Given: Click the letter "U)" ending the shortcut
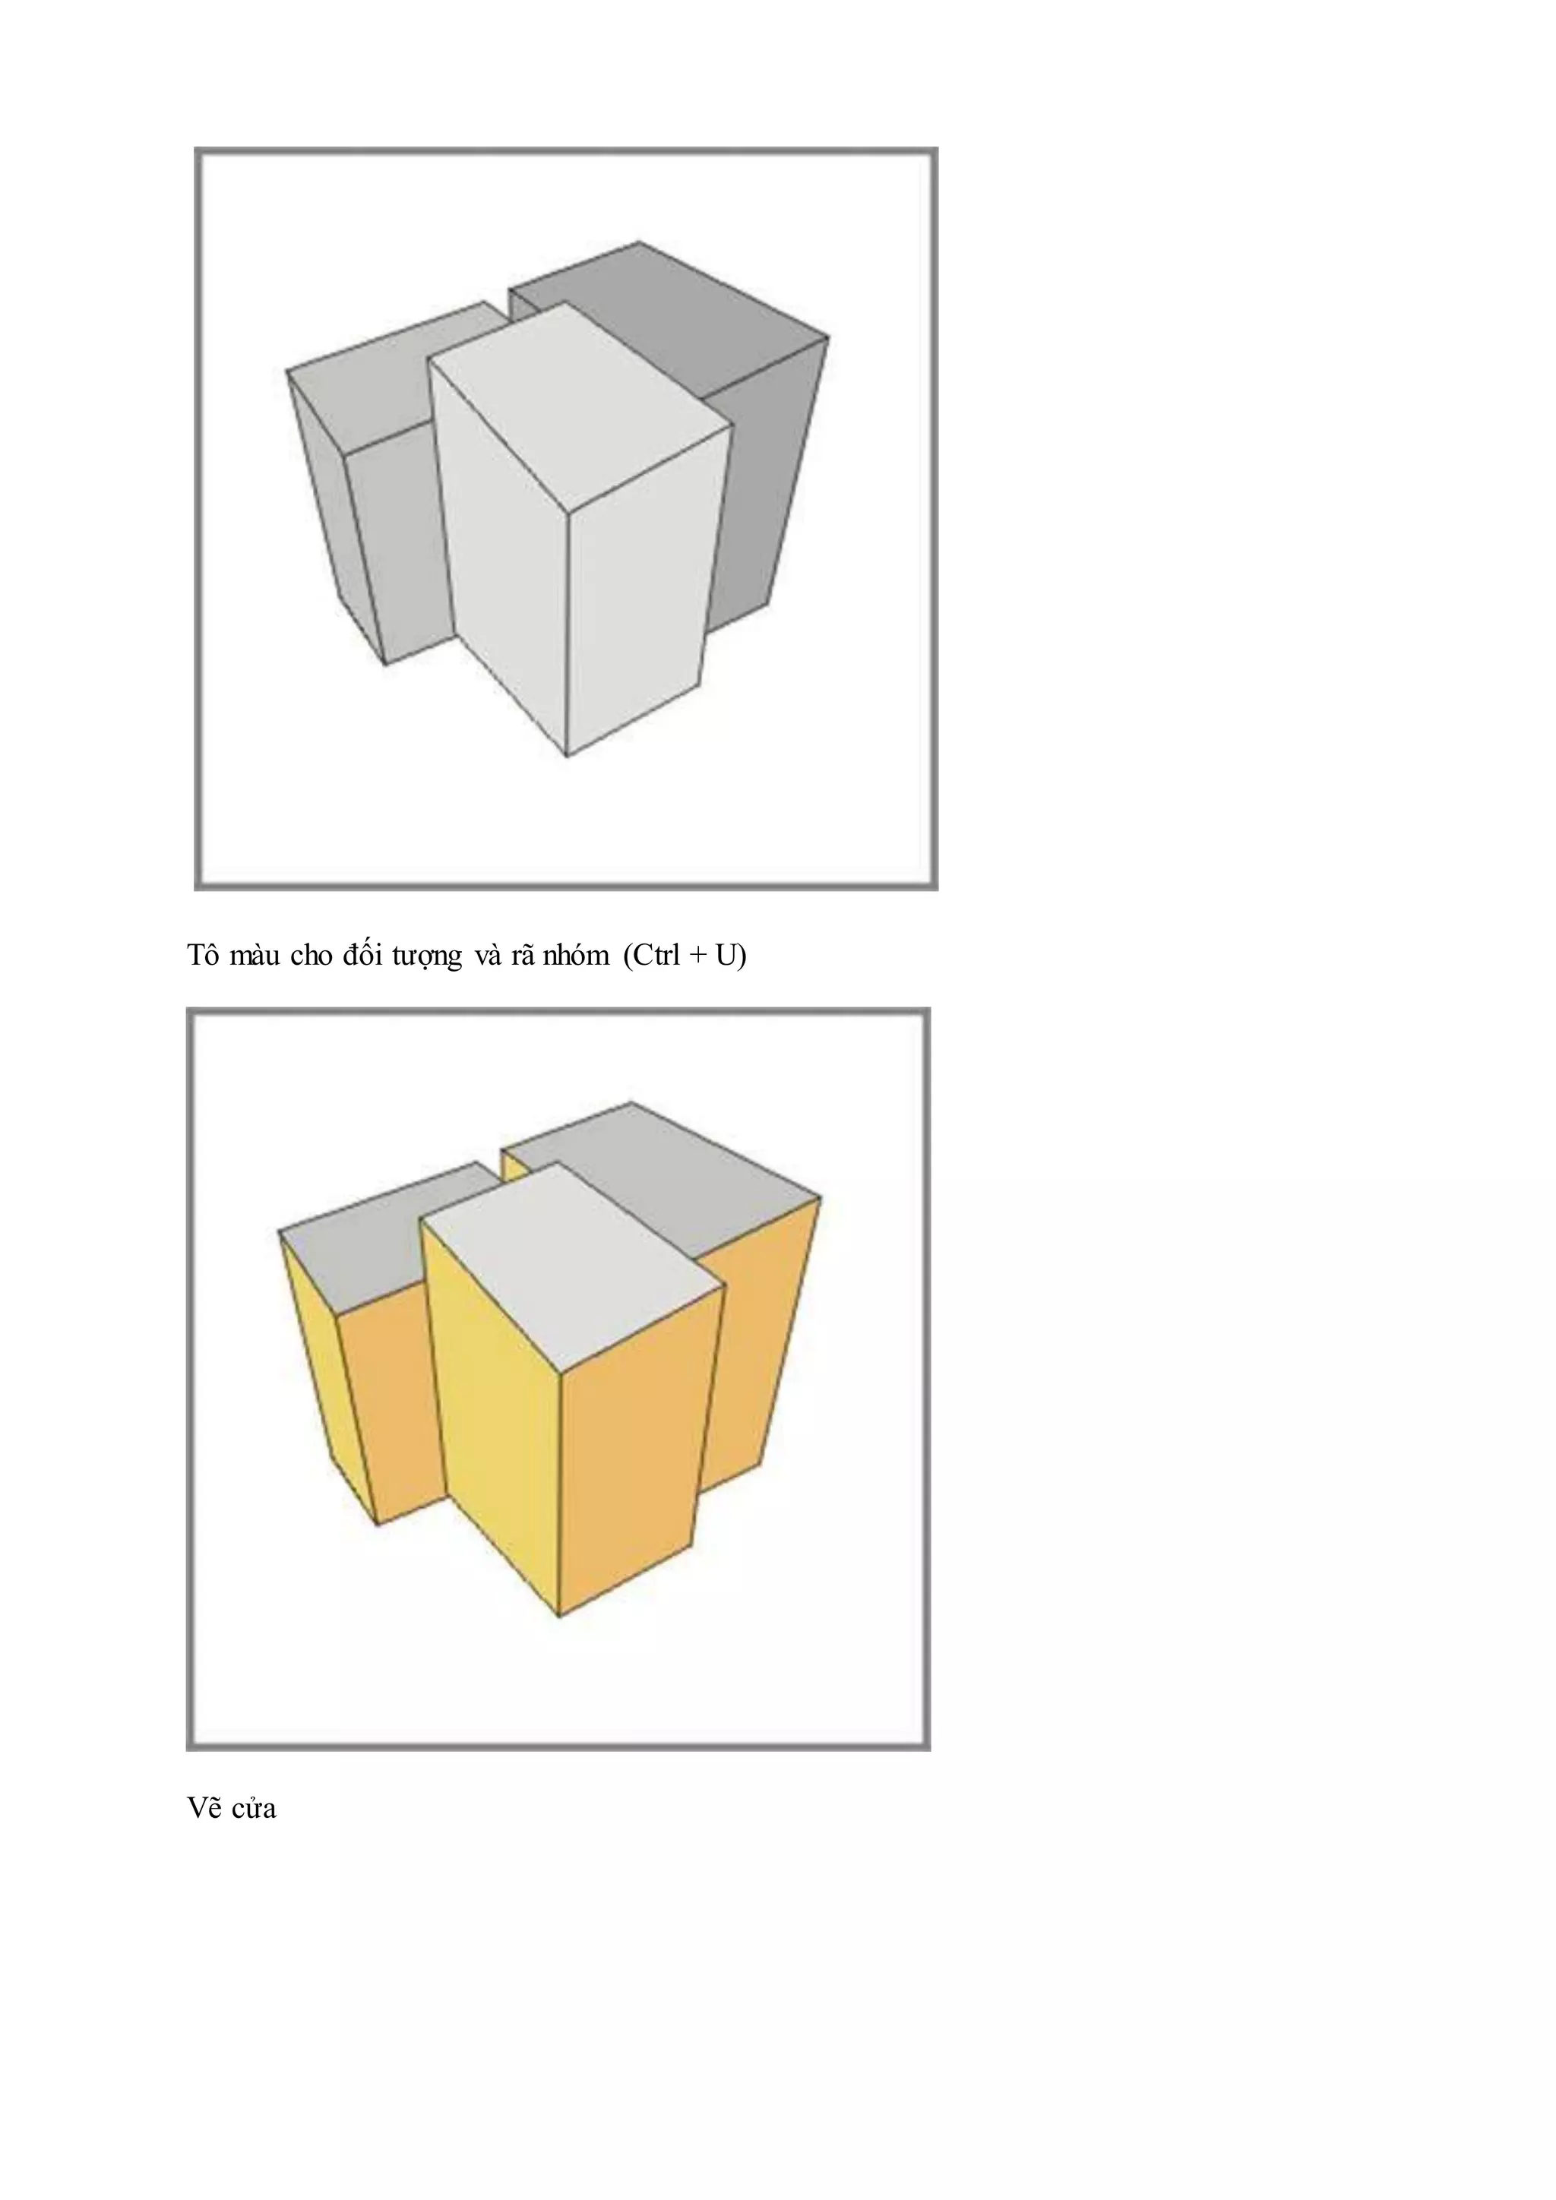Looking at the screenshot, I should coord(730,956).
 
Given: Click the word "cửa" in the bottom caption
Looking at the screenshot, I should coord(253,1809).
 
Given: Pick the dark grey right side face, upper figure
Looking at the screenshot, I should coord(767,479).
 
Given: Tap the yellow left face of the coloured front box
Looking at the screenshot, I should coord(493,1418).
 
